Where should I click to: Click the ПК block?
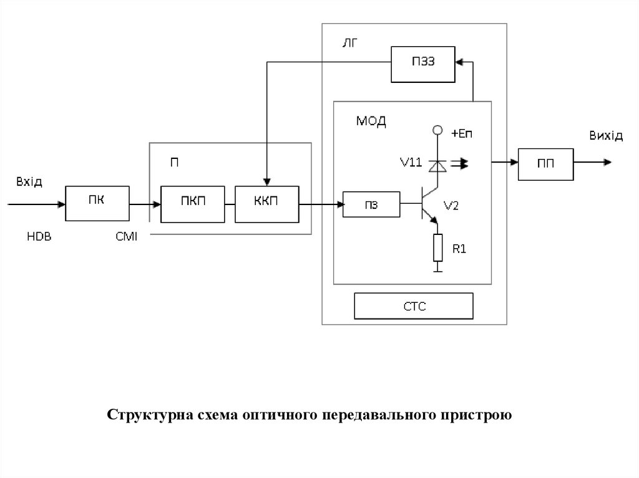pos(97,203)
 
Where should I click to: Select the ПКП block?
pos(192,203)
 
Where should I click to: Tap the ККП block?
pos(266,203)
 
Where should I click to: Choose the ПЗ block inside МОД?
pos(371,203)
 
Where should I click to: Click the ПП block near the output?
pos(545,163)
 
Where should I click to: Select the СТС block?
pos(413,306)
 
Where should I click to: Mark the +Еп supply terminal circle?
pos(438,130)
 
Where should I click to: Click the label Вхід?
pos(29,181)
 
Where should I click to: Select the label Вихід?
pos(605,136)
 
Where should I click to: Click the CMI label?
pos(127,237)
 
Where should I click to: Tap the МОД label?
pos(371,121)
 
